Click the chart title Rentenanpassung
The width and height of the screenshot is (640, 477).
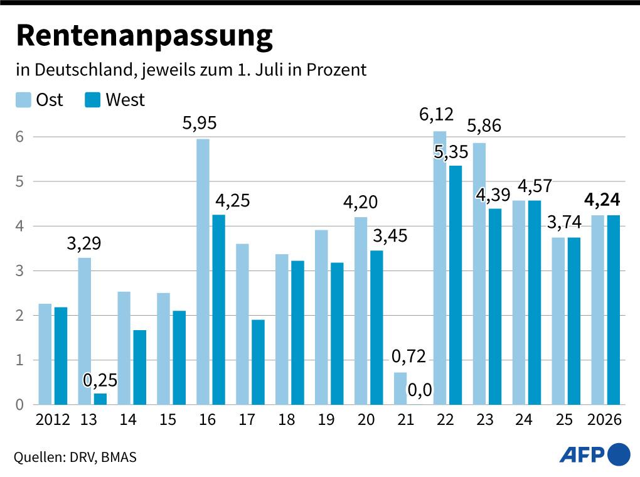coord(144,36)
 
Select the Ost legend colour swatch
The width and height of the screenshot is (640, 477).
coord(23,100)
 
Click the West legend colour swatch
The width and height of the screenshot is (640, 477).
coord(93,100)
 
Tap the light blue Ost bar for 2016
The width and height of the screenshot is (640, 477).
coord(203,271)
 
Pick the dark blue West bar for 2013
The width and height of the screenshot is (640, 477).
coord(100,399)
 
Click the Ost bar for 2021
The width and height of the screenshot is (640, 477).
coord(400,389)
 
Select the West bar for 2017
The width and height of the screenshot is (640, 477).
coord(258,362)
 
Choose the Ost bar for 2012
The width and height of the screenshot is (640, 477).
coord(45,354)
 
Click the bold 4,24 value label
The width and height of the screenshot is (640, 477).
coord(602,200)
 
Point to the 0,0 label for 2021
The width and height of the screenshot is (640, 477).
coord(419,390)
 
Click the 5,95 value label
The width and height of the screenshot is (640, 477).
coord(200,124)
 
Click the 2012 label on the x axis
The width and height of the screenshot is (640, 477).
coord(53,420)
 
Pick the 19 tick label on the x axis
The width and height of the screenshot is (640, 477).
coord(326,420)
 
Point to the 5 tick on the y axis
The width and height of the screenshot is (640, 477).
coord(20,181)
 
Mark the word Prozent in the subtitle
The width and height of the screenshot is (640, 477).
coord(336,70)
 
